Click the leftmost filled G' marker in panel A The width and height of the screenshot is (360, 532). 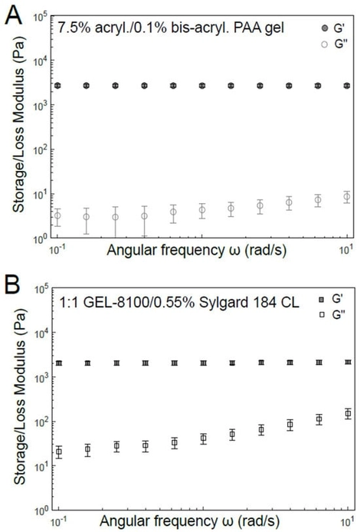57,85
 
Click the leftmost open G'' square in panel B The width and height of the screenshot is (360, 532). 57,452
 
